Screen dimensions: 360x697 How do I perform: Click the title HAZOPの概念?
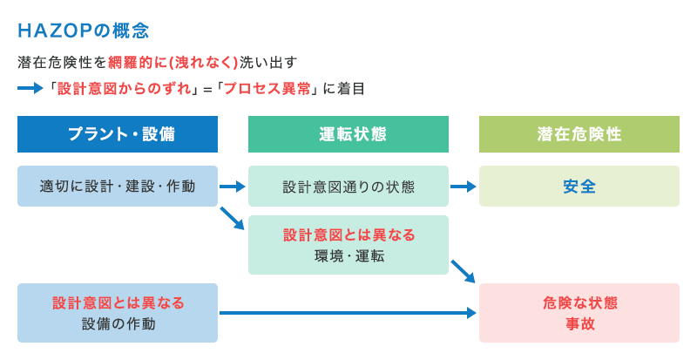(x=83, y=31)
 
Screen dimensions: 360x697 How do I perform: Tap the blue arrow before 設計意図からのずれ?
(x=30, y=88)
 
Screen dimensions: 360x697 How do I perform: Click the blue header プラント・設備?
(x=118, y=134)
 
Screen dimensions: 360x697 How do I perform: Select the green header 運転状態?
(x=348, y=134)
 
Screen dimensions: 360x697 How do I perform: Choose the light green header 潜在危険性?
(x=579, y=134)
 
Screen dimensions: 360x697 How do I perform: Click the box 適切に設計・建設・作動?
(x=118, y=186)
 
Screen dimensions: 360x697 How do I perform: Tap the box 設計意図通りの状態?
(x=348, y=187)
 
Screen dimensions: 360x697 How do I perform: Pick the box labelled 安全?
(x=579, y=186)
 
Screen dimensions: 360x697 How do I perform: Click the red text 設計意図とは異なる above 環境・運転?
(x=348, y=235)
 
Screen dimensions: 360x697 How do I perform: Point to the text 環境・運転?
(x=348, y=256)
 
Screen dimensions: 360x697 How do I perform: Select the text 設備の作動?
(x=118, y=323)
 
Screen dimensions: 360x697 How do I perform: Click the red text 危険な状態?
(x=579, y=302)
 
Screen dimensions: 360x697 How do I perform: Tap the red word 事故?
(x=579, y=323)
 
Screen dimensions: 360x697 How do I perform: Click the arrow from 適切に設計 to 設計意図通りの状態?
(x=233, y=186)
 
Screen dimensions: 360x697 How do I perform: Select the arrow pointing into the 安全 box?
(x=464, y=186)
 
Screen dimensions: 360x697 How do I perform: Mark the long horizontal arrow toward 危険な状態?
(x=348, y=312)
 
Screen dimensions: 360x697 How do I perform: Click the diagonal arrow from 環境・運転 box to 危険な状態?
(x=463, y=271)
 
